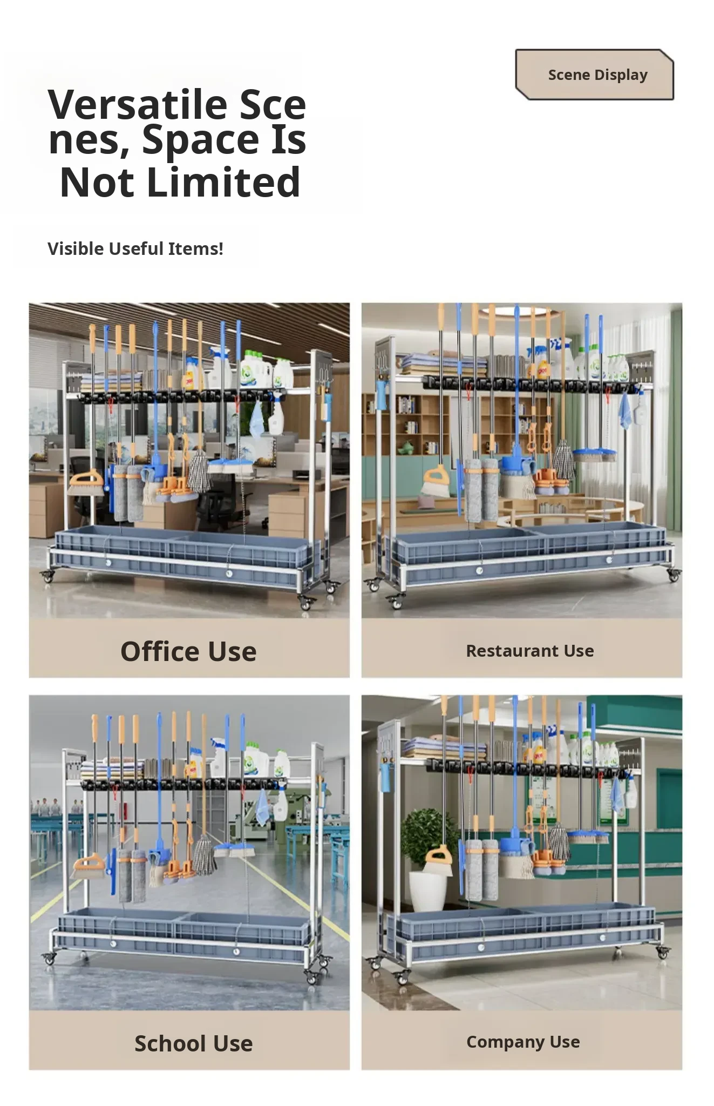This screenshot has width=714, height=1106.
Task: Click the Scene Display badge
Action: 595,75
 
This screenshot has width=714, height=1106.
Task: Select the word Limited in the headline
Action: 223,183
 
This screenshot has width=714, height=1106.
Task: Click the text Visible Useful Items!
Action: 135,248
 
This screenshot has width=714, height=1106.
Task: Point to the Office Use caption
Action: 188,651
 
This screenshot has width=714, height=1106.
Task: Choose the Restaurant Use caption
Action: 530,651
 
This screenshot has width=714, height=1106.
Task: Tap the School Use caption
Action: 193,1043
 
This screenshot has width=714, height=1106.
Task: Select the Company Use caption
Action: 523,1042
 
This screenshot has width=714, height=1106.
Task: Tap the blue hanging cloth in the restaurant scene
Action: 624,412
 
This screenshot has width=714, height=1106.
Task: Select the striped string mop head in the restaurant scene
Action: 563,460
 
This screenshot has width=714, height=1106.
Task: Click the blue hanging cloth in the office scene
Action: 255,418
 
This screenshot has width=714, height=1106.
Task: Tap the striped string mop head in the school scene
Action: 205,855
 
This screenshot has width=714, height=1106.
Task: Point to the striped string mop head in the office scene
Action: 199,471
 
